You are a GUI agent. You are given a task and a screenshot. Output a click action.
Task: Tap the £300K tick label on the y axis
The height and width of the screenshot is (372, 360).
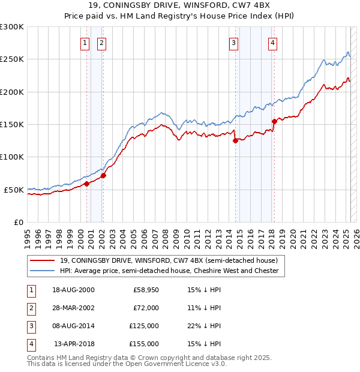12,27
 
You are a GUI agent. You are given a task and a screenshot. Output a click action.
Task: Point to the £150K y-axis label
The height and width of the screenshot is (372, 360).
12,124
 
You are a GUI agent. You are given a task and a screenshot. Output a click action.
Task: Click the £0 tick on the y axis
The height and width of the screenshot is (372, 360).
19,222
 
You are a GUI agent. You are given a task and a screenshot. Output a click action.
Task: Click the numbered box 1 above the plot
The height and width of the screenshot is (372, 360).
85,43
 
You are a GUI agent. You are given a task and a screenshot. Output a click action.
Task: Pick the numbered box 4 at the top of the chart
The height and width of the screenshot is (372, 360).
272,43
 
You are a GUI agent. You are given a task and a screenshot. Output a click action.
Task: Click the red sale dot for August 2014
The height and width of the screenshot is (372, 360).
235,141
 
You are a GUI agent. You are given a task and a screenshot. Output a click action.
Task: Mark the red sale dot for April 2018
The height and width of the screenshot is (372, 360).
274,121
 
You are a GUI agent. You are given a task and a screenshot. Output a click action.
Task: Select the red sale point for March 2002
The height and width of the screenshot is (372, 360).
103,175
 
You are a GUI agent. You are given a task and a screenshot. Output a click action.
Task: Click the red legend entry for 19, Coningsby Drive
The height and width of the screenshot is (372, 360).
168,261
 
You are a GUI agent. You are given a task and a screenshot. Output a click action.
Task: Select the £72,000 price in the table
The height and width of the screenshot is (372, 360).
146,308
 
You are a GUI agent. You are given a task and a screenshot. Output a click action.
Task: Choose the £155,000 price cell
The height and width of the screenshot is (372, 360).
144,344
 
